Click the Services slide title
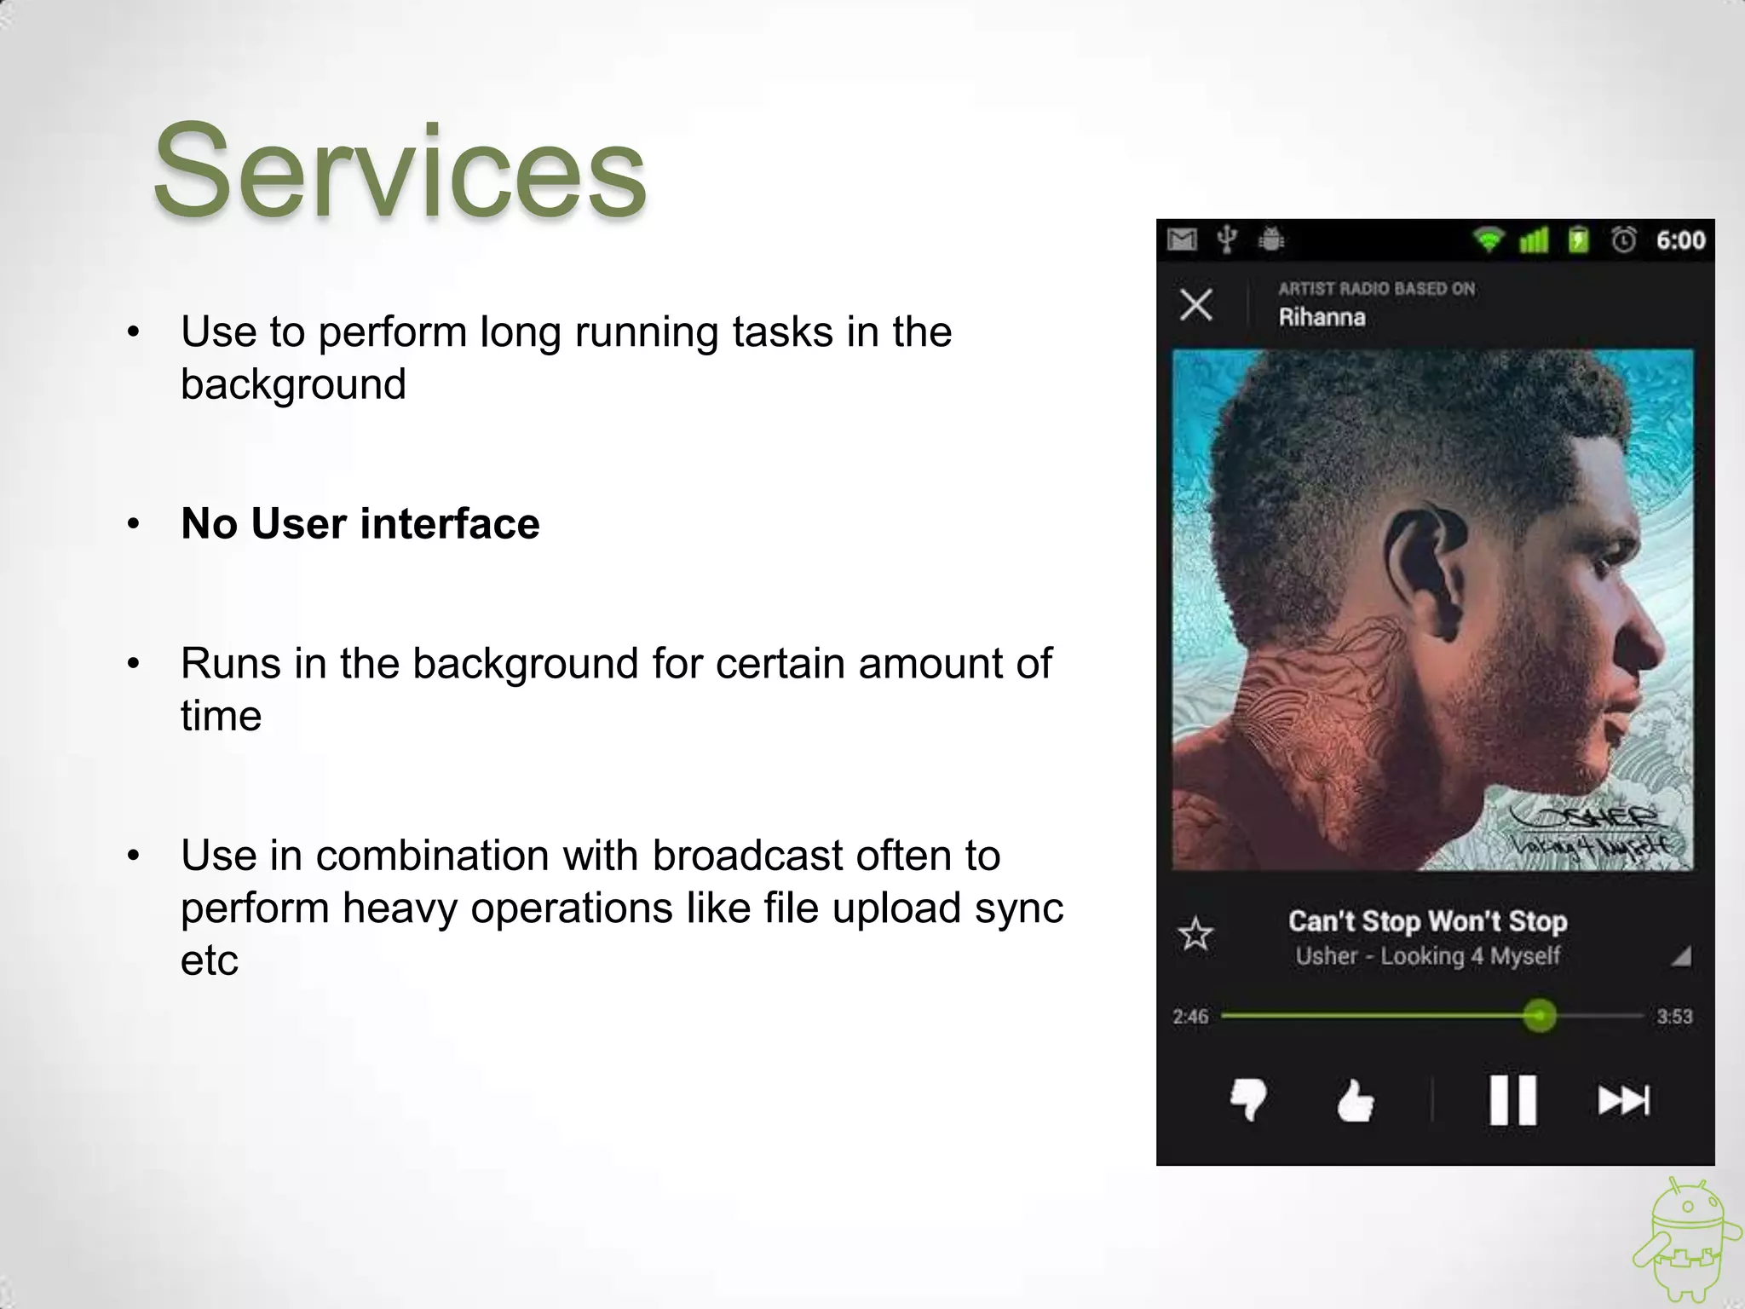399,171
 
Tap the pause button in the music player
1512,1100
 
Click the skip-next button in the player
1623,1100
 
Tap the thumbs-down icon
1248,1100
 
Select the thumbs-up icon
1354,1101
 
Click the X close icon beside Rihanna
1196,304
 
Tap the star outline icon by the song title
1195,935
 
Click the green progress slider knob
1539,1015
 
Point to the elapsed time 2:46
1190,1017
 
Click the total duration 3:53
1674,1017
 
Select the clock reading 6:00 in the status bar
1680,240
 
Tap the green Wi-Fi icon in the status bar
1489,240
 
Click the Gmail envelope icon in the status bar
1182,240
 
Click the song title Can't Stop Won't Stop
1427,921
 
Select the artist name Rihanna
1322,318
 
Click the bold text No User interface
360,523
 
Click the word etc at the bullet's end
209,960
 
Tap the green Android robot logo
1683,1244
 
